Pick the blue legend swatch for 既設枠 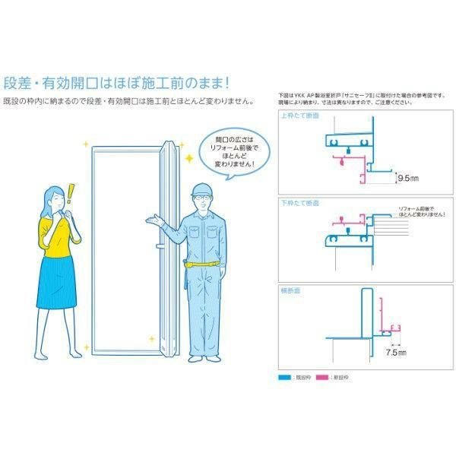(287, 376)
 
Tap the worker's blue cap (201, 187)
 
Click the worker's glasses (201, 198)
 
